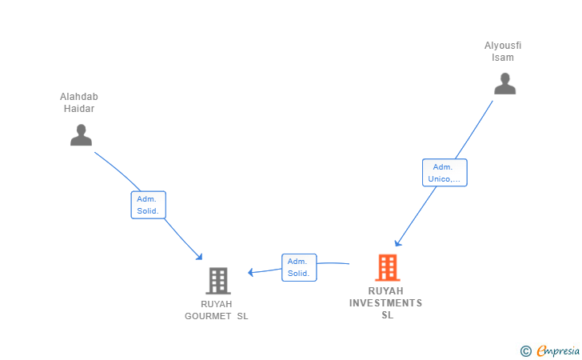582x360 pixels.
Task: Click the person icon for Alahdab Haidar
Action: tap(81, 135)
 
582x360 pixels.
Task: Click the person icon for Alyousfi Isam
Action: tap(504, 84)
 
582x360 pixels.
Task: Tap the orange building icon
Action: tap(387, 267)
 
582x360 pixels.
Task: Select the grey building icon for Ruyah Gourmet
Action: tap(217, 281)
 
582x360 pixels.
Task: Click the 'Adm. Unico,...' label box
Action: tap(444, 173)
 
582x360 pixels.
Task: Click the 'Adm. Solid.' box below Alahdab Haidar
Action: tap(148, 205)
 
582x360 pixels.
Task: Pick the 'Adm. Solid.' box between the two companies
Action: tap(299, 267)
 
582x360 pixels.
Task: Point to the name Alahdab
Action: tap(79, 98)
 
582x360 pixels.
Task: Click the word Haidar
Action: tap(79, 109)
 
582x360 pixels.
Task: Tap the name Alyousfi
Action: tap(503, 46)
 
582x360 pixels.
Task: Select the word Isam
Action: tap(503, 58)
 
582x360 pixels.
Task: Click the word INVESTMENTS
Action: tap(385, 303)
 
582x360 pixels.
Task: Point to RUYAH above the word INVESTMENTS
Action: tap(386, 291)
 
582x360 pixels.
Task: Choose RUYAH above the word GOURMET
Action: tap(217, 304)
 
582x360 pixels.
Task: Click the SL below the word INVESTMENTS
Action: tap(387, 315)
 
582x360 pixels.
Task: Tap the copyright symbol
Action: tap(525, 350)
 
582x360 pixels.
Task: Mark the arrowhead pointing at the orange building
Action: tap(397, 243)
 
